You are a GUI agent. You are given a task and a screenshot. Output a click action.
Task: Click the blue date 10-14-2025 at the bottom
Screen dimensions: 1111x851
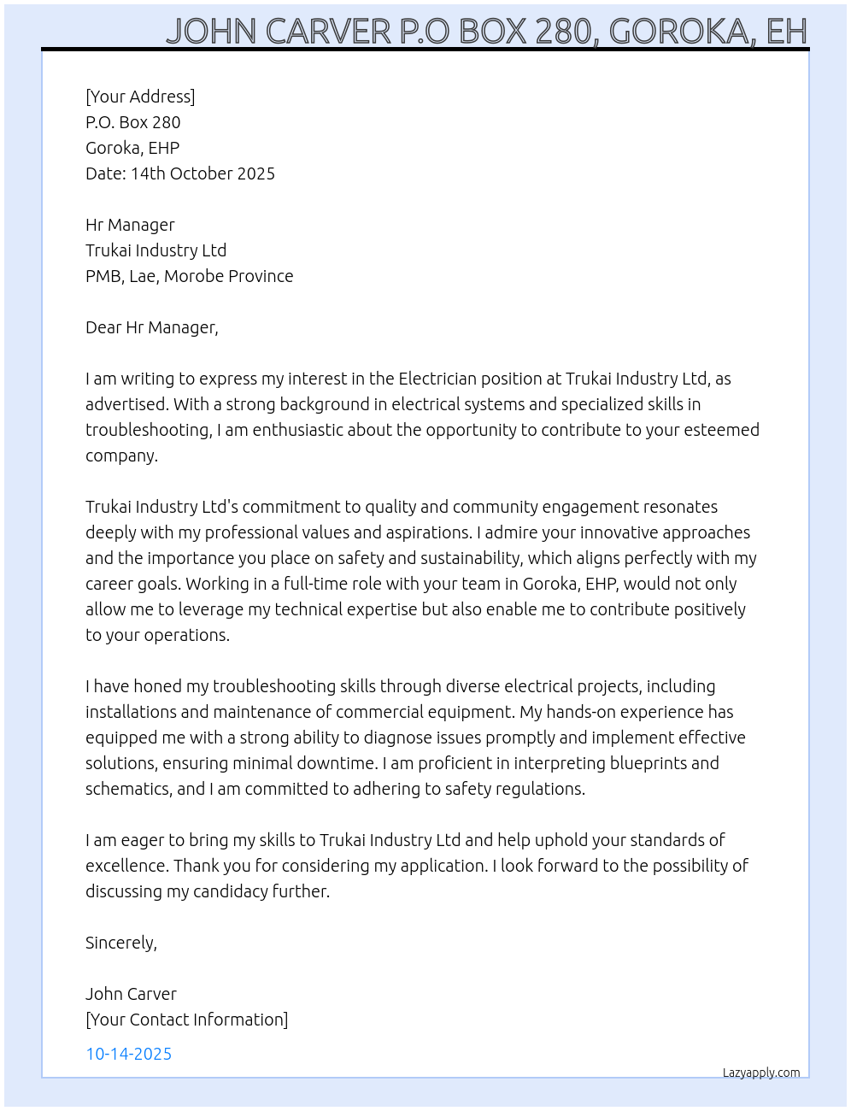click(128, 1054)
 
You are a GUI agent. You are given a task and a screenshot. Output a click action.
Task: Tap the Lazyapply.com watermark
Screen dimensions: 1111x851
click(761, 1073)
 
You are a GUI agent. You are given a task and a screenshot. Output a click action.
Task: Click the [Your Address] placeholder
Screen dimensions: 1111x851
click(140, 97)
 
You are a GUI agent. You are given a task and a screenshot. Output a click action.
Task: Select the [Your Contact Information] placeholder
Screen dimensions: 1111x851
click(186, 1020)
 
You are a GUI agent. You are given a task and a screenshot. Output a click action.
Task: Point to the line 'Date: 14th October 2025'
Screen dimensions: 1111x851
click(180, 173)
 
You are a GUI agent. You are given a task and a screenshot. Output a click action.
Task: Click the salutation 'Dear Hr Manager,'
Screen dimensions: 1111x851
click(152, 327)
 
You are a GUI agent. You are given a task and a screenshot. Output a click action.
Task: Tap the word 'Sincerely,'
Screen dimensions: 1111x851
click(121, 943)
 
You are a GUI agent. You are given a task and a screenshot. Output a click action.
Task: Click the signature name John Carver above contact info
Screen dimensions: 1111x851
click(131, 994)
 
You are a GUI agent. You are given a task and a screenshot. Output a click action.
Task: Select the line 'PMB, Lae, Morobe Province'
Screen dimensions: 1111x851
click(189, 276)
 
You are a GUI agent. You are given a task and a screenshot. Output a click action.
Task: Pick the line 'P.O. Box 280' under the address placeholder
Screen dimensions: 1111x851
click(133, 122)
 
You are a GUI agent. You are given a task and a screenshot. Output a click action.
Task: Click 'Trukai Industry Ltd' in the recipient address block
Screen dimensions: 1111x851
click(156, 250)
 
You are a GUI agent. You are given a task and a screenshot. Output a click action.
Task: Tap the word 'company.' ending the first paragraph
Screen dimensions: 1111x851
click(121, 456)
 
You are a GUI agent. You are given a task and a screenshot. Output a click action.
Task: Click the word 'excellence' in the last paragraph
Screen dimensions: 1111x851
click(126, 866)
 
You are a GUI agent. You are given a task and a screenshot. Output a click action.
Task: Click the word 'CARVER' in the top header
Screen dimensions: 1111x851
click(328, 32)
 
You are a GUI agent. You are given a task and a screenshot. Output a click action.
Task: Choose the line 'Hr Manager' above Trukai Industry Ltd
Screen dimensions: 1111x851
click(130, 225)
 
